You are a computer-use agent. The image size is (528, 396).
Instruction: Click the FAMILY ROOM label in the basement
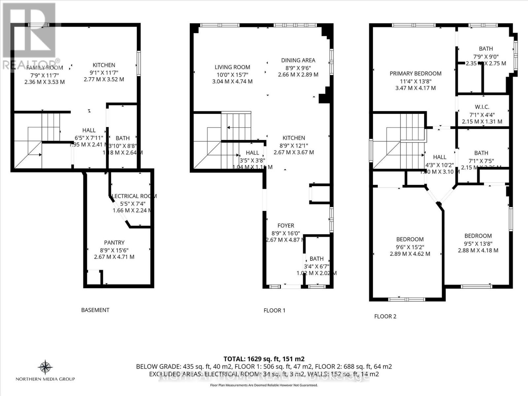[45, 68]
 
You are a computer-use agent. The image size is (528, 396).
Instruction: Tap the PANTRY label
[114, 243]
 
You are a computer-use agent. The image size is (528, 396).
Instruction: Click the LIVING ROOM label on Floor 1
[232, 67]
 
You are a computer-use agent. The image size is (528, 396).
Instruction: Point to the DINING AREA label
[298, 60]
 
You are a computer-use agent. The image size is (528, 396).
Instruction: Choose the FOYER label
[286, 226]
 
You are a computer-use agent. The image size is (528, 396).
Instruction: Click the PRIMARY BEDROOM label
[415, 74]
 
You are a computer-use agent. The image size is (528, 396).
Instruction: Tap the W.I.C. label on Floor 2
[482, 107]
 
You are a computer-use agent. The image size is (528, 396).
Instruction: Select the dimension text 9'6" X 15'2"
[410, 247]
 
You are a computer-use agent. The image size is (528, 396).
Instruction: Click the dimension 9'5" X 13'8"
[478, 243]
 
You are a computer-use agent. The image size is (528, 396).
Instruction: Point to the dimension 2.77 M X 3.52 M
[104, 79]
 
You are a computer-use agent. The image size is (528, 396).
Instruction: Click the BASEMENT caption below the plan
[95, 310]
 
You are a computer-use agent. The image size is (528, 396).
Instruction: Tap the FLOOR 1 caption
[274, 310]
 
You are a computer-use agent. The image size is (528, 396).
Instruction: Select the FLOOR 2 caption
[385, 316]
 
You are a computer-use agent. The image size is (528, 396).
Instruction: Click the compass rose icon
[45, 367]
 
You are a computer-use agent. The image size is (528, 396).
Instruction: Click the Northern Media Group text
[45, 379]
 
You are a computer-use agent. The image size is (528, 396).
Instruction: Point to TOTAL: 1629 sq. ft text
[264, 359]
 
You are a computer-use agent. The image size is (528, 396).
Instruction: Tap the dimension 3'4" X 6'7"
[316, 266]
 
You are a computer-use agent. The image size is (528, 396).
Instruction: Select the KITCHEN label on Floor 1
[294, 138]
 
